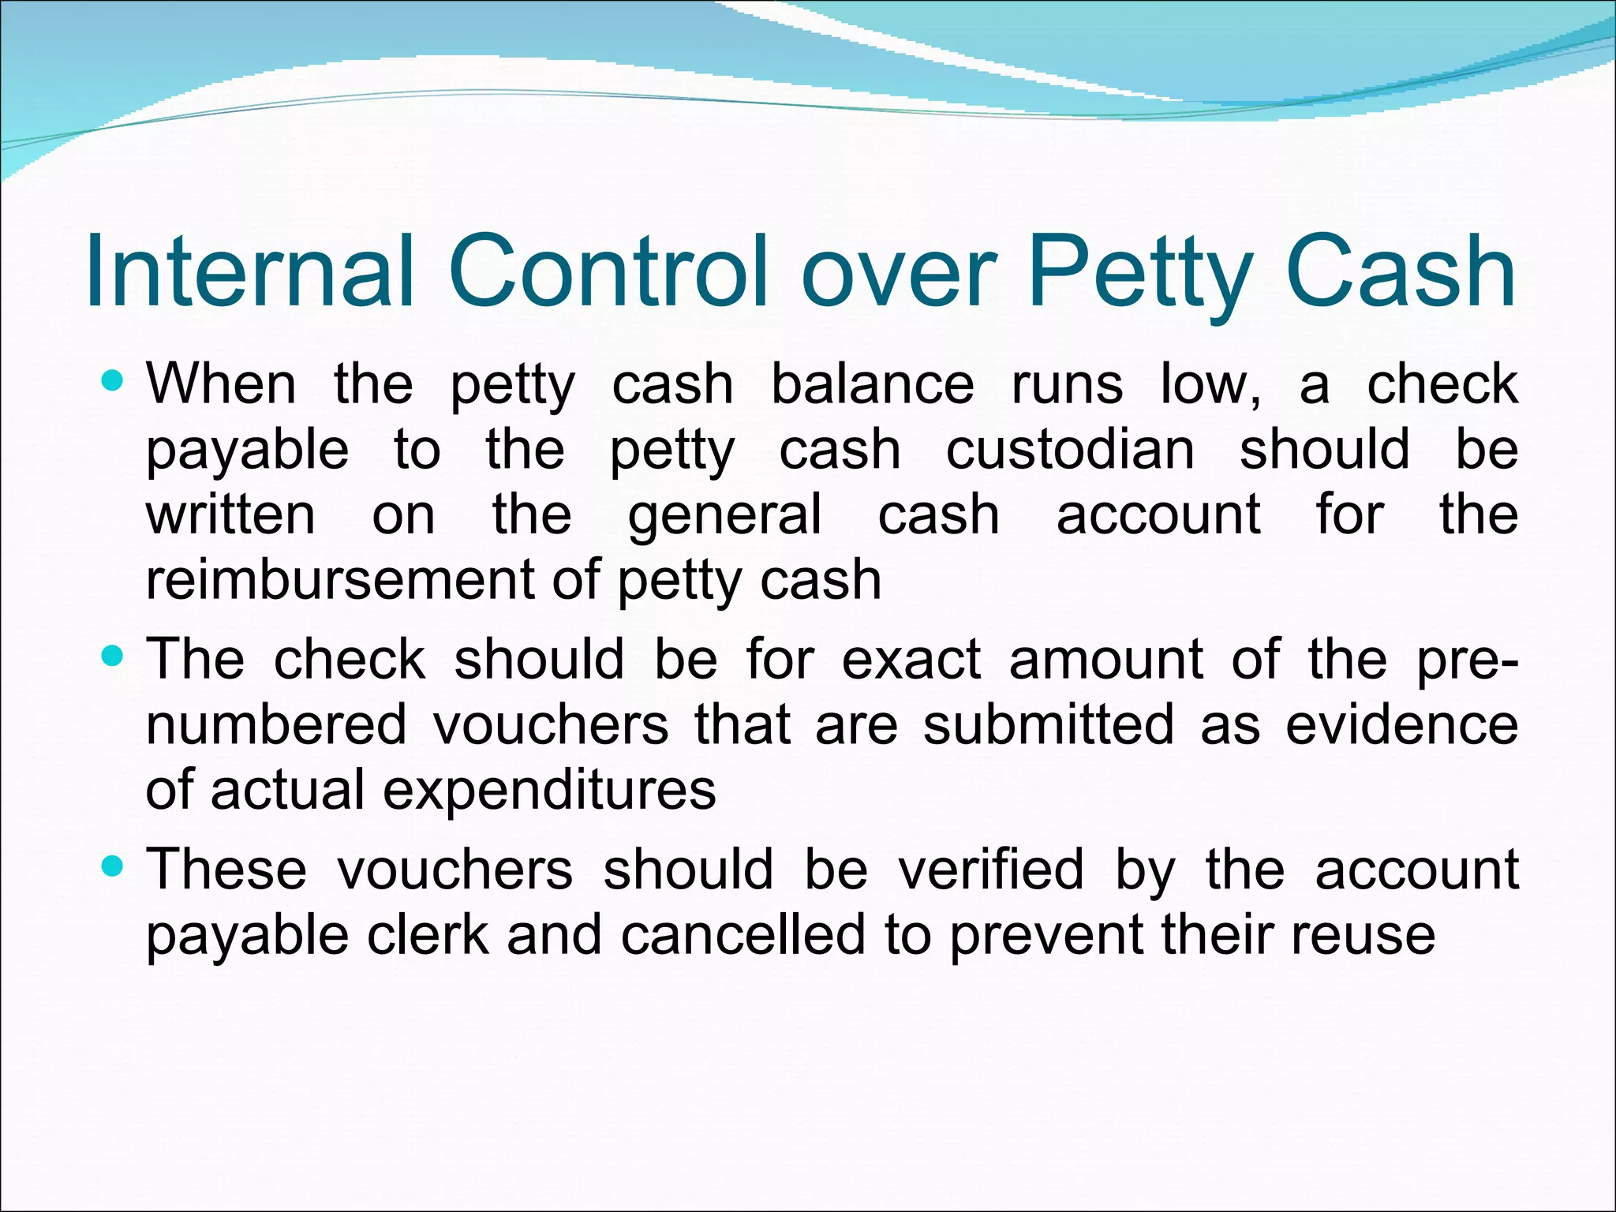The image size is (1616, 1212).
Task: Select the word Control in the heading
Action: tap(608, 270)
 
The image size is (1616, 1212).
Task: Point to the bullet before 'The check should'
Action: tap(114, 656)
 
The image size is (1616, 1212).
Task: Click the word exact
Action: tap(911, 659)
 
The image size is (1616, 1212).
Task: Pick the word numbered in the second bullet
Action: tap(276, 724)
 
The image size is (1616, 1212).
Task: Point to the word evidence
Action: tap(1401, 724)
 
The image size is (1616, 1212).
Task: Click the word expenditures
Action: tap(549, 791)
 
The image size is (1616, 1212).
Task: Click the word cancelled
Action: tap(743, 935)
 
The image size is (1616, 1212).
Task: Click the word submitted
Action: tap(1049, 724)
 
